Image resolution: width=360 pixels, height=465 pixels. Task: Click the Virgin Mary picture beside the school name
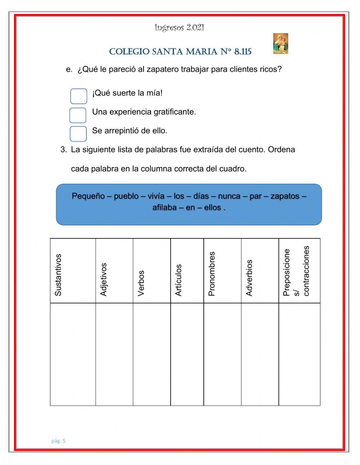[x=280, y=44]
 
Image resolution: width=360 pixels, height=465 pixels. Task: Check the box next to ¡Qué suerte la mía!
[x=78, y=96]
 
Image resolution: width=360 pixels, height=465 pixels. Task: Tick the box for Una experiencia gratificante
[x=78, y=115]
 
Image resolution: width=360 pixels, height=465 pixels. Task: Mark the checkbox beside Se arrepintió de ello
[x=78, y=134]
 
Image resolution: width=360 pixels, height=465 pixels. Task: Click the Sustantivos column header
[x=58, y=275]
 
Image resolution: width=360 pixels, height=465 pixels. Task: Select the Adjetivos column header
[x=104, y=280]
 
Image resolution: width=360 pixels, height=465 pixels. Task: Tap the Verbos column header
[x=141, y=283]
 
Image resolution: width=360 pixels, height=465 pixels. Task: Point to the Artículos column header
[x=179, y=280]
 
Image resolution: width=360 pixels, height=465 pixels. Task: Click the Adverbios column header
[x=249, y=278]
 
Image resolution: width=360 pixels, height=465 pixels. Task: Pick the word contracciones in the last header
[x=306, y=271]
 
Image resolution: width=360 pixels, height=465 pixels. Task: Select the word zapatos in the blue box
[x=285, y=196]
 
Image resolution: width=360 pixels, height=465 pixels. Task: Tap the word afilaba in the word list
[x=165, y=208]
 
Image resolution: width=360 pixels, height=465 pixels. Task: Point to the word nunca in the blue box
[x=229, y=196]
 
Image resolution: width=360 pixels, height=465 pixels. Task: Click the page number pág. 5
[x=58, y=441]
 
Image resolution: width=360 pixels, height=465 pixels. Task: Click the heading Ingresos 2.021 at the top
[x=179, y=27]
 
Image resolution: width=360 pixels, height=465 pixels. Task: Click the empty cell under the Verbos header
[x=152, y=354]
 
